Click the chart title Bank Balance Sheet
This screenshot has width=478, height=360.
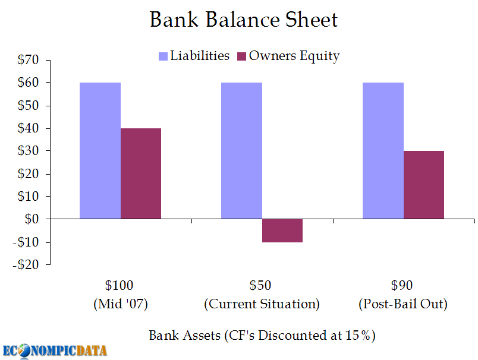coord(243,20)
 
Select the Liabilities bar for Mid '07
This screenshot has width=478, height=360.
coord(100,151)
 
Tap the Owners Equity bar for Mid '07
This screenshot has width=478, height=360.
coord(141,173)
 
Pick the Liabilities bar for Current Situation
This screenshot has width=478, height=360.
coord(241,151)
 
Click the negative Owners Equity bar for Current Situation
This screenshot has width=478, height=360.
coord(282,230)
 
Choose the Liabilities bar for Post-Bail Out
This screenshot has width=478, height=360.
coord(383,151)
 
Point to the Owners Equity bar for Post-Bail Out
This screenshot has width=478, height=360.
coord(424,185)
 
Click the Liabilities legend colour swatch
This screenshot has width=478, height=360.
coord(163,56)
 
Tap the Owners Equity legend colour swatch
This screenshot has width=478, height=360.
coord(241,56)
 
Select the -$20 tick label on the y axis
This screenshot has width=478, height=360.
coord(24,265)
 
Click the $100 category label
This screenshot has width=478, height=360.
coord(120,286)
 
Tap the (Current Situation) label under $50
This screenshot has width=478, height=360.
coord(262,304)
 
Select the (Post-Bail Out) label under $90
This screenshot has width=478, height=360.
coord(403,304)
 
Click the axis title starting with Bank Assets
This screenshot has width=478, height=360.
coord(262,336)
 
